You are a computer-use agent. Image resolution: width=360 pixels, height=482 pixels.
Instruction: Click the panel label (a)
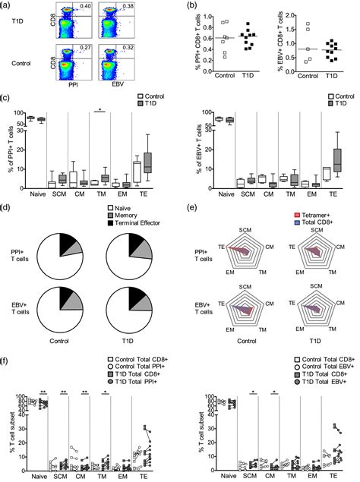pyautogui.click(x=8, y=5)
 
